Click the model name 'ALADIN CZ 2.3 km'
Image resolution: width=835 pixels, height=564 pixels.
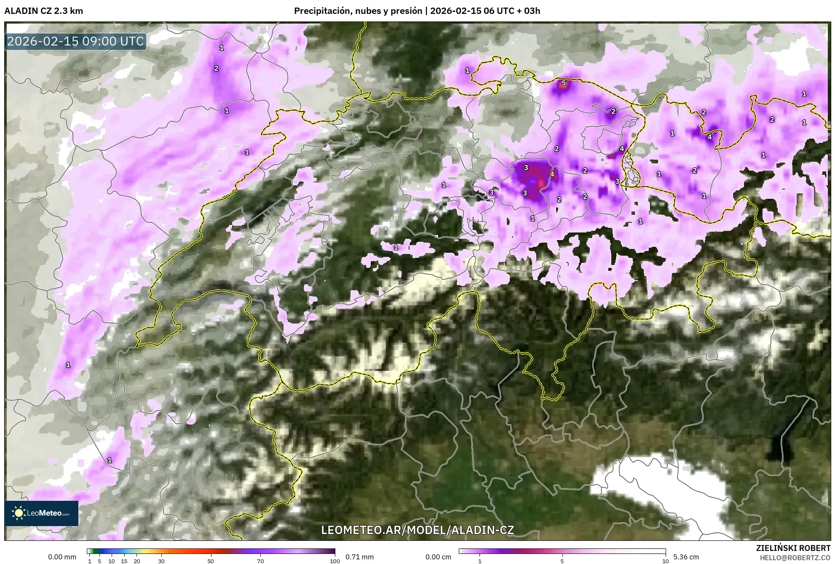[x=43, y=11]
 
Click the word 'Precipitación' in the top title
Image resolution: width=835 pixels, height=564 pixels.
[x=321, y=11]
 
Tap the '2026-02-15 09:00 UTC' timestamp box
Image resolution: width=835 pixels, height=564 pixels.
[x=75, y=41]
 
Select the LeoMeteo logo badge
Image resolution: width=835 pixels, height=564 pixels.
[x=41, y=513]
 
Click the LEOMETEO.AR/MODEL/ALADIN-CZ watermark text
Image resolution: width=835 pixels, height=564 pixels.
[x=417, y=530]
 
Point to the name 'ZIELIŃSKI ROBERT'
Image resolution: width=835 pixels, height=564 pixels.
[x=793, y=548]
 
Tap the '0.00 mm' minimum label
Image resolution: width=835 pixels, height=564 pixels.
[x=62, y=557]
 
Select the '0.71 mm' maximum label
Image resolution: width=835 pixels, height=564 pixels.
[x=359, y=557]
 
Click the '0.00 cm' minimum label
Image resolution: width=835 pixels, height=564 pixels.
[x=438, y=557]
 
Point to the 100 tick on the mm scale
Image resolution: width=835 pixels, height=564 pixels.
[x=335, y=561]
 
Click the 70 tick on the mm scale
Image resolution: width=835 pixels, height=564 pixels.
[x=261, y=561]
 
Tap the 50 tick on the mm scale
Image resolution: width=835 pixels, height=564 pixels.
[x=211, y=561]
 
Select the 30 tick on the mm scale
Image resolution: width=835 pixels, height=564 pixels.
[x=161, y=561]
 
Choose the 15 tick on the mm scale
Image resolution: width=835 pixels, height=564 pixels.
[x=124, y=561]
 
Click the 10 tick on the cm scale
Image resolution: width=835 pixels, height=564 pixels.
[x=665, y=561]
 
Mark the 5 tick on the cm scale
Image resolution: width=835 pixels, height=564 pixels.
[x=562, y=561]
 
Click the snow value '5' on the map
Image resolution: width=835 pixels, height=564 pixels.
[x=563, y=83]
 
